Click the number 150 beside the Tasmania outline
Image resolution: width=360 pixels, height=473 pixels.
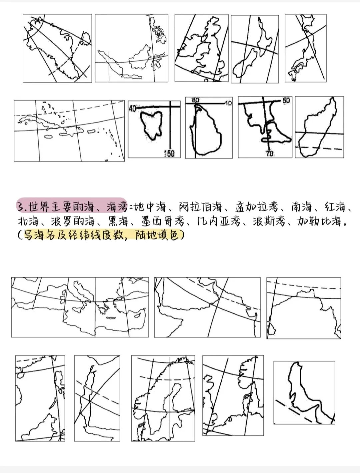coord(169,154)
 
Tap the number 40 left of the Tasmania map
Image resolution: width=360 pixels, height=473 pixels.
coord(132,109)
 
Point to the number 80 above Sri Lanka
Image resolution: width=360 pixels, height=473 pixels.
coord(195,100)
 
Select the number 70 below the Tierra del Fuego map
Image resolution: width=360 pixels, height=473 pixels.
coord(269,154)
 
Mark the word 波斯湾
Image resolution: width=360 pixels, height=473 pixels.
coord(269,222)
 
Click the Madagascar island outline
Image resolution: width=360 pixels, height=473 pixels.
coord(318,130)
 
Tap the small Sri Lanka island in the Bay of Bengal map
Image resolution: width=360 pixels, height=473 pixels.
coord(271,330)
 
